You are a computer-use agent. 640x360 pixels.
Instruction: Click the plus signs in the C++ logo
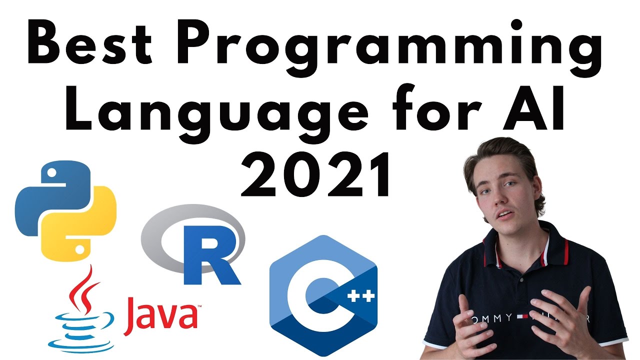coord(358,299)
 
